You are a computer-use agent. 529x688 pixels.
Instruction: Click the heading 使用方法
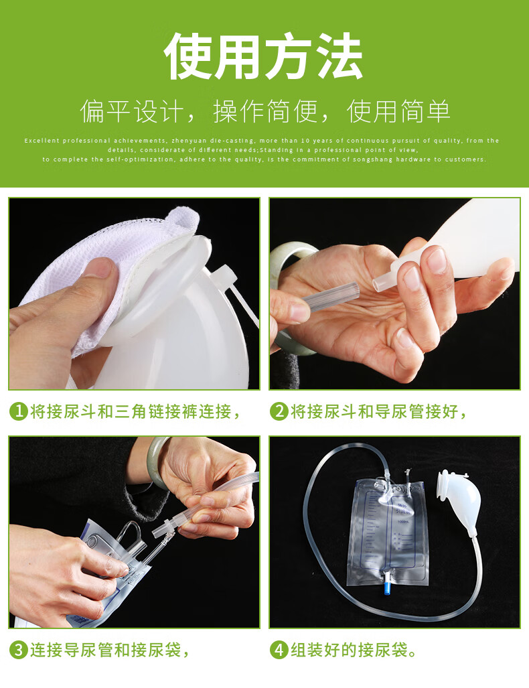[x=264, y=57]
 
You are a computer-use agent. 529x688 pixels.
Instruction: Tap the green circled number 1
[x=18, y=411]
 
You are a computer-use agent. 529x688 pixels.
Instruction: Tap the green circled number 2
[x=279, y=411]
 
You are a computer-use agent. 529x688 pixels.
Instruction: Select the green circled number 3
[x=18, y=649]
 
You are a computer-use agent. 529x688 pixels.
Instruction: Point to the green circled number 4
[x=279, y=649]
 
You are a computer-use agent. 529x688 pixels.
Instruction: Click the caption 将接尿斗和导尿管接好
[x=378, y=411]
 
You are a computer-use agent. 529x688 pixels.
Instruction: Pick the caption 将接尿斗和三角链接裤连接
[x=135, y=411]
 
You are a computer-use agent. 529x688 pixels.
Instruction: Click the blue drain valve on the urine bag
[x=387, y=588]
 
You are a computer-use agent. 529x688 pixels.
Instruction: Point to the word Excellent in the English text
[x=42, y=141]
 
